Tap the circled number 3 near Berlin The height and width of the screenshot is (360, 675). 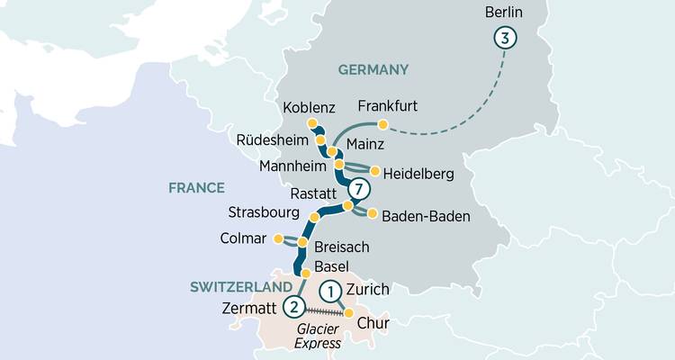pos(505,38)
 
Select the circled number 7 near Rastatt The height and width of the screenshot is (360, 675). pos(359,190)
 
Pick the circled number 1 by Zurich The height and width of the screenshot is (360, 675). pos(331,291)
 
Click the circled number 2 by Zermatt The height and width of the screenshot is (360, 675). pos(292,307)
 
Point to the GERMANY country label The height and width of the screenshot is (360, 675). pos(373,69)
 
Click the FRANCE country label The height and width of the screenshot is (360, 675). pos(196,187)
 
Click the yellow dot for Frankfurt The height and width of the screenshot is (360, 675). pos(382,124)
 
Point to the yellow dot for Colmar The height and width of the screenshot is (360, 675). pos(278,238)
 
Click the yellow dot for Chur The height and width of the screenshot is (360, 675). pos(351,313)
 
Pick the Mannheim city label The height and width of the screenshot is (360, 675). pos(290,166)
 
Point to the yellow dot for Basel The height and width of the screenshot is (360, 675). pos(306,272)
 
